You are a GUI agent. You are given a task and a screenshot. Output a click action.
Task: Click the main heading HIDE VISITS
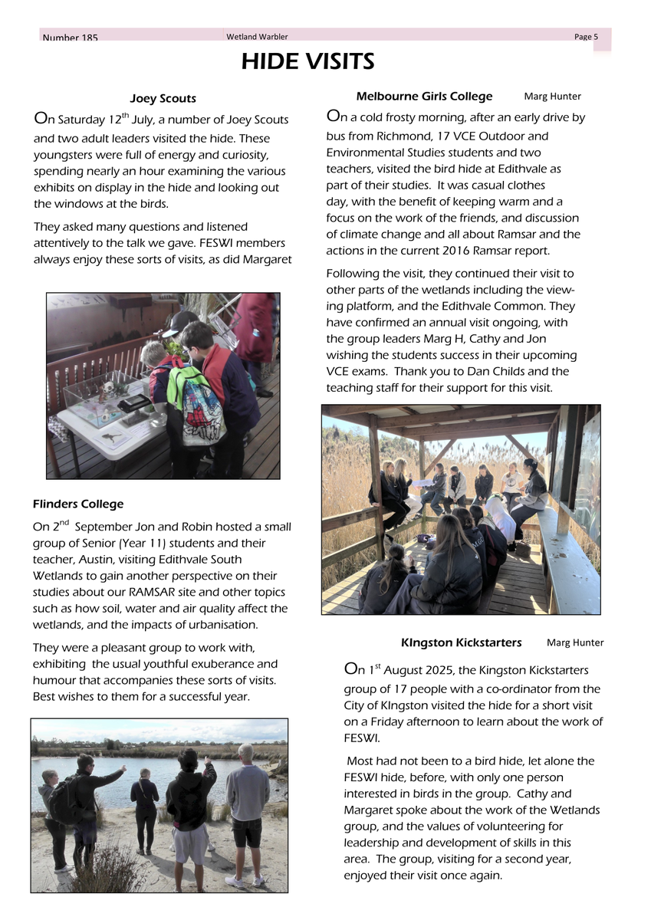[x=307, y=61]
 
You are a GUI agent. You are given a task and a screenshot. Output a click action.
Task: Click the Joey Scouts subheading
[x=163, y=99]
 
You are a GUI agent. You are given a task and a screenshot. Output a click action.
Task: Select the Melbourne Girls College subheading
[x=424, y=97]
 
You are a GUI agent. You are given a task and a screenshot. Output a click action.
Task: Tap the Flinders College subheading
[x=77, y=504]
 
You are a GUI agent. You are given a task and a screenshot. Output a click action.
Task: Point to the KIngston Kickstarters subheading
[x=461, y=642]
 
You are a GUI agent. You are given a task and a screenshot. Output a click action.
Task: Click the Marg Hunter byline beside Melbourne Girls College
[x=552, y=97]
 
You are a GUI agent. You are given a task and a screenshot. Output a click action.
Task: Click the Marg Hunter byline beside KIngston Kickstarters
[x=575, y=642]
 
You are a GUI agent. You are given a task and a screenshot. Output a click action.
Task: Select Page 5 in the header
[x=586, y=37]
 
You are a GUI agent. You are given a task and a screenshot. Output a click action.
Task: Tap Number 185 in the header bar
[x=71, y=38]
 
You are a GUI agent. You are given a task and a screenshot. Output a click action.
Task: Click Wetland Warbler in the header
[x=257, y=37]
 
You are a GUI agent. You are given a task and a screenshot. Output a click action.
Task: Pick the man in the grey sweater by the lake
[x=247, y=813]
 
